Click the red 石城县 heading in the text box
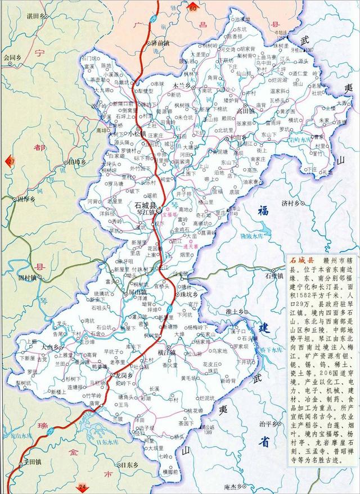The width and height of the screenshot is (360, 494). click(x=301, y=262)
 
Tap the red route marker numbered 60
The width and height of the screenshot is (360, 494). click(x=193, y=8)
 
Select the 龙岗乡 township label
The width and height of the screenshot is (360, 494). click(x=123, y=375)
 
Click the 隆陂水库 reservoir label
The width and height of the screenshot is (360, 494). click(x=253, y=235)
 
